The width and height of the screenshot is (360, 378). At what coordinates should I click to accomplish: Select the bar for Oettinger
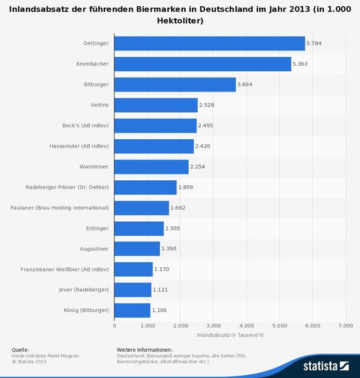pos(210,43)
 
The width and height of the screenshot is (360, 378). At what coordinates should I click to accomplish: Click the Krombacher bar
pos(203,64)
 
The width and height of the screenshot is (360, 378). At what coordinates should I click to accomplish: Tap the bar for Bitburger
pos(175,84)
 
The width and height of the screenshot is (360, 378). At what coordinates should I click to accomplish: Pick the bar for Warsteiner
pos(151,167)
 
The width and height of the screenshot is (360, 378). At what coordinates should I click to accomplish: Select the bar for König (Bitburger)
pos(132,310)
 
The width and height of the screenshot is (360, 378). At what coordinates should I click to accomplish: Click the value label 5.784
pos(314,43)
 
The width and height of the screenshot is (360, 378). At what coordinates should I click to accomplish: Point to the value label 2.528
pos(207,105)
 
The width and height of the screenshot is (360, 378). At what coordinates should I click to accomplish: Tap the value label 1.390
pos(169,249)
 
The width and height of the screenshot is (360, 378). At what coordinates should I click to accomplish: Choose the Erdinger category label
pos(98,228)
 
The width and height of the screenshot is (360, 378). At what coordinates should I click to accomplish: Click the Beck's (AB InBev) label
pos(86,126)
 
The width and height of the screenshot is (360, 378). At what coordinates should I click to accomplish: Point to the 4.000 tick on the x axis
pos(246,325)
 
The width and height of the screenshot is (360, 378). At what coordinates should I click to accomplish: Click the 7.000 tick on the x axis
pos(345,325)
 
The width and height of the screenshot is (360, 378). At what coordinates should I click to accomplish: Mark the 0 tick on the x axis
pos(115,325)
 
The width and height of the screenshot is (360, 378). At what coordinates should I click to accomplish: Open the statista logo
pos(325,365)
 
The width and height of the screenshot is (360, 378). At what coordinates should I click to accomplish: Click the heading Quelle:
pos(20,350)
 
